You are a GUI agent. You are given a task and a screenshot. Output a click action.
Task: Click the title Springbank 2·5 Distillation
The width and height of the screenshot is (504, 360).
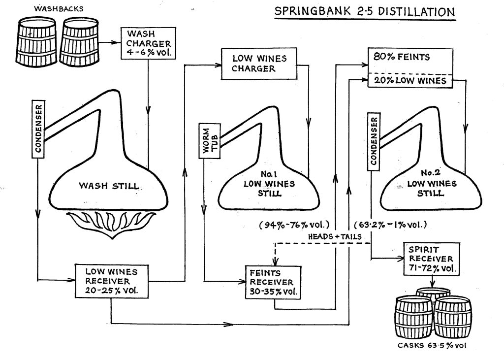pos(365,11)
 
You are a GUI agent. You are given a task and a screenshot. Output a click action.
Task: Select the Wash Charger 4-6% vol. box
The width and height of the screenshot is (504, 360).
pos(147,42)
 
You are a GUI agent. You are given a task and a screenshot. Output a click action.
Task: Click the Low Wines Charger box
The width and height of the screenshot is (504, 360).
pos(259,64)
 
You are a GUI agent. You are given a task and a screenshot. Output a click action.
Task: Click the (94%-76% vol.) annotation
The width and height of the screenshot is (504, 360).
pos(294,226)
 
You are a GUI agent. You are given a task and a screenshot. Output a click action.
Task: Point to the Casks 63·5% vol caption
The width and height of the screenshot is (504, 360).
pos(430,345)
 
